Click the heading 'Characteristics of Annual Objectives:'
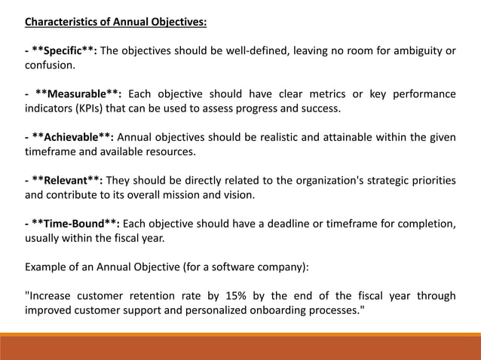point(117,22)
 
